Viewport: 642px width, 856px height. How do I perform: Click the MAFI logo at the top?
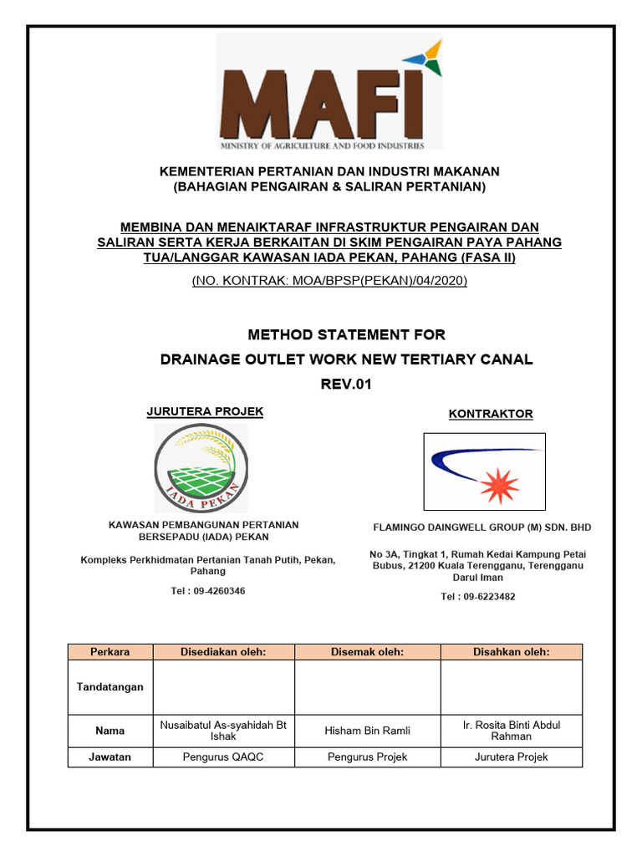coord(329,92)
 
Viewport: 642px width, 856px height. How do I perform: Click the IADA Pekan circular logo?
coord(201,469)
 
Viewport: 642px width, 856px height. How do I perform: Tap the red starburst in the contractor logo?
coord(501,485)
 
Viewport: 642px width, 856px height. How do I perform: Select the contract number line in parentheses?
coord(329,280)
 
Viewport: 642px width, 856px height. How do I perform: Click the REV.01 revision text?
coord(346,385)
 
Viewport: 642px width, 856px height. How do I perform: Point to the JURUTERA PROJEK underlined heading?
coord(205,411)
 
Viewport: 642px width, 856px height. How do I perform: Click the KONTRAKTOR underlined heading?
coord(491,414)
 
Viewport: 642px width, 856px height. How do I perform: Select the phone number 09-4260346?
coord(207,591)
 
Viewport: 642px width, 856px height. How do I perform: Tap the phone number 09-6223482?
coord(478,596)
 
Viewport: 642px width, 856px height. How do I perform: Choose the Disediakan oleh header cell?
coord(223,652)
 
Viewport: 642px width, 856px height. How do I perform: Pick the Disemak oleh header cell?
coord(367,652)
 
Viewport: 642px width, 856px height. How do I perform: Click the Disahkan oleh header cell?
coord(511,652)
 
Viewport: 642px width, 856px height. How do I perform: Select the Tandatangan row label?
coord(110,687)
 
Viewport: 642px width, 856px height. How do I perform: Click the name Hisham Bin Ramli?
coord(367,731)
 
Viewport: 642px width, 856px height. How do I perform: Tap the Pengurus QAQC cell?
coord(223,757)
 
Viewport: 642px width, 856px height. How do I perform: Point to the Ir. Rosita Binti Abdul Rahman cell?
coord(511,731)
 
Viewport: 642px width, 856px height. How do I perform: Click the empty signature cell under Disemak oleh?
coord(367,687)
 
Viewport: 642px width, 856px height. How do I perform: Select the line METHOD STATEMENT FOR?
coord(346,335)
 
